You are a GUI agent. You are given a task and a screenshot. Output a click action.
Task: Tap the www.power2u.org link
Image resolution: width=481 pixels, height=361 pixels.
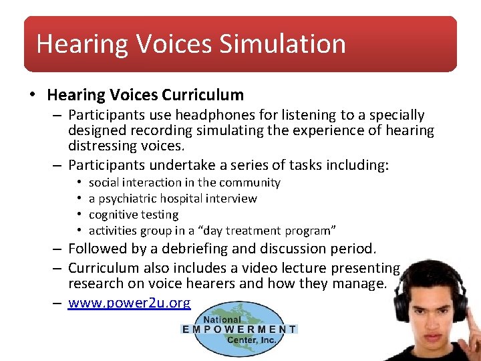(x=129, y=303)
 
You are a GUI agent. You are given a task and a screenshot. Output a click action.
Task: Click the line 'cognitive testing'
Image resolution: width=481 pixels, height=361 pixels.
(x=134, y=215)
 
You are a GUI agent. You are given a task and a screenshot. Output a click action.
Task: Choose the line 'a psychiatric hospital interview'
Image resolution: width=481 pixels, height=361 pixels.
(x=172, y=199)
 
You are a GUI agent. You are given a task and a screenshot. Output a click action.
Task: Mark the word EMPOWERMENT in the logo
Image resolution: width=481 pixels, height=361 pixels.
(x=239, y=329)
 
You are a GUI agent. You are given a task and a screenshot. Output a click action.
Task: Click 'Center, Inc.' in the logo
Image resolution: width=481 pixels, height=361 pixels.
(x=250, y=339)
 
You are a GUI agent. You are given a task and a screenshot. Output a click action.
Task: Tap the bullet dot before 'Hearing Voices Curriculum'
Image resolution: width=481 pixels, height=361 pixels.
(x=32, y=95)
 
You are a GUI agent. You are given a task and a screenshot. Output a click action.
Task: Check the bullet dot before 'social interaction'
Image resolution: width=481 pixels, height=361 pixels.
(x=79, y=183)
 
